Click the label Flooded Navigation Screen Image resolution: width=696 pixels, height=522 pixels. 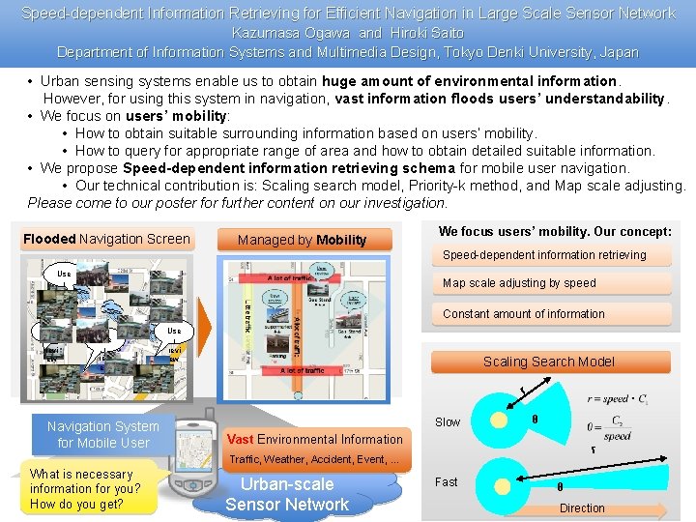pyautogui.click(x=106, y=239)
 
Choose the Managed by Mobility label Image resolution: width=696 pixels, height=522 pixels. pyautogui.click(x=303, y=240)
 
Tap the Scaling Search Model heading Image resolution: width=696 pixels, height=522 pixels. pyautogui.click(x=549, y=362)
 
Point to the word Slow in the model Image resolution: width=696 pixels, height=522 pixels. pyautogui.click(x=448, y=422)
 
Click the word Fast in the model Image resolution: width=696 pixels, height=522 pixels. pyautogui.click(x=447, y=482)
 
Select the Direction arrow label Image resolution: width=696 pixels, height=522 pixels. pyautogui.click(x=582, y=508)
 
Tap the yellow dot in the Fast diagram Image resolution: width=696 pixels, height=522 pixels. pyautogui.click(x=498, y=480)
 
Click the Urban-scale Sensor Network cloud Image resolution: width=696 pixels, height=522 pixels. pyautogui.click(x=287, y=494)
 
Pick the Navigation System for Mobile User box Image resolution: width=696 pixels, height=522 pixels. pyautogui.click(x=103, y=434)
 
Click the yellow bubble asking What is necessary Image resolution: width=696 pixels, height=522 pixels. pyautogui.click(x=87, y=489)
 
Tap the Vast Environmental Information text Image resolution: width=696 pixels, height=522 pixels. pyautogui.click(x=315, y=439)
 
